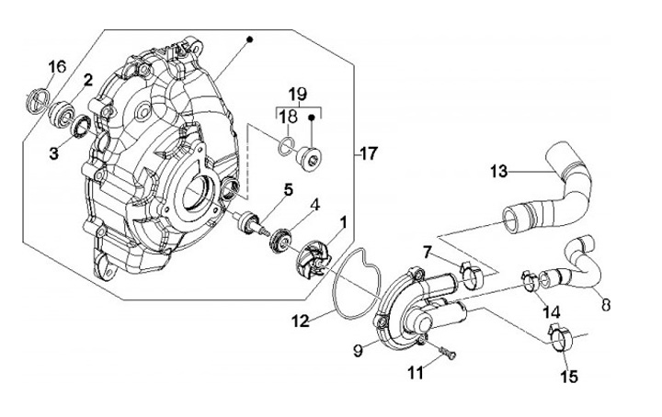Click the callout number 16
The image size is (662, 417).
click(x=57, y=67)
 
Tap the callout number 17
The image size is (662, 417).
click(x=369, y=154)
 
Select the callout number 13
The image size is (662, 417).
click(x=498, y=172)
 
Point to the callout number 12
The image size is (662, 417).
click(x=300, y=321)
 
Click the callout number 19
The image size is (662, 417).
click(x=298, y=94)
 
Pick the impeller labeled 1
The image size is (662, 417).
click(x=312, y=257)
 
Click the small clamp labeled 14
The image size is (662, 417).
click(x=530, y=281)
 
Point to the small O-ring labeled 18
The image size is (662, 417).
click(x=285, y=144)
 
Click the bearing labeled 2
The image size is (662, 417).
click(x=62, y=113)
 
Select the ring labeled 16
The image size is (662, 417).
click(x=37, y=100)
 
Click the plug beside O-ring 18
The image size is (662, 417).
click(x=309, y=156)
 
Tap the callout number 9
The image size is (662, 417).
click(x=358, y=350)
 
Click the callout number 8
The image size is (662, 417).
click(x=606, y=304)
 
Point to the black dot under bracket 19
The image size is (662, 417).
click(x=312, y=117)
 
